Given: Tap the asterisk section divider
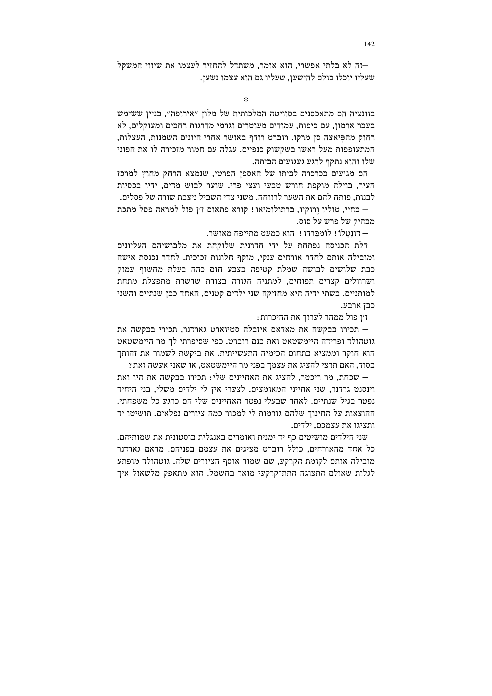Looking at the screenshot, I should tap(246, 99).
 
